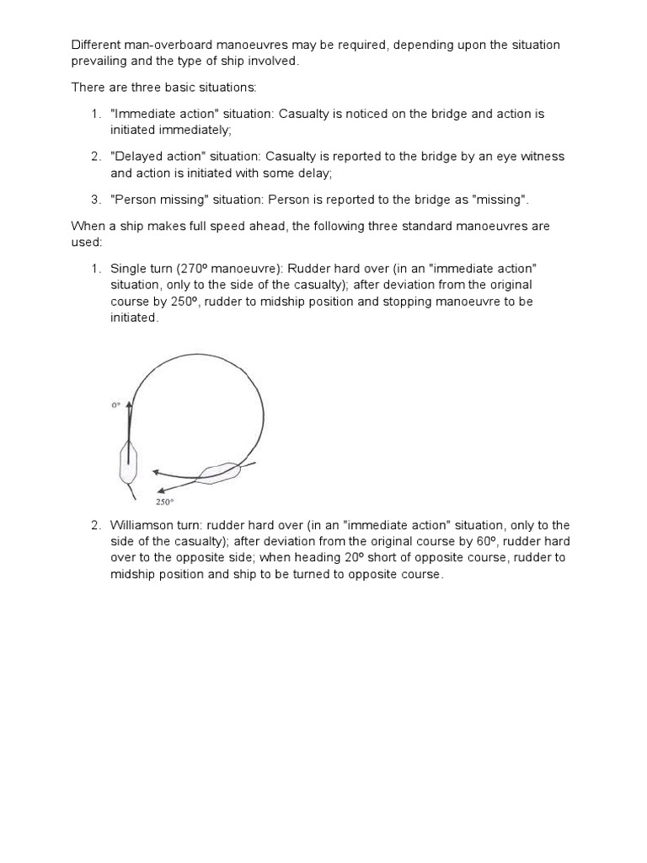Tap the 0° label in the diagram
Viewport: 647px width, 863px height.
point(116,405)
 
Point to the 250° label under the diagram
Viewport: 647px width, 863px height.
point(163,501)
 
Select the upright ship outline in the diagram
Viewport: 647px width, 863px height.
point(129,462)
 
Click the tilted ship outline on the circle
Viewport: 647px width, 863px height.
point(218,472)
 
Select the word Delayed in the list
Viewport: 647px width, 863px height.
point(136,157)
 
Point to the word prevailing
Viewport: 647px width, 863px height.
point(99,62)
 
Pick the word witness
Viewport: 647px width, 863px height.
point(542,157)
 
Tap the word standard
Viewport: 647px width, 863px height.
point(446,227)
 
